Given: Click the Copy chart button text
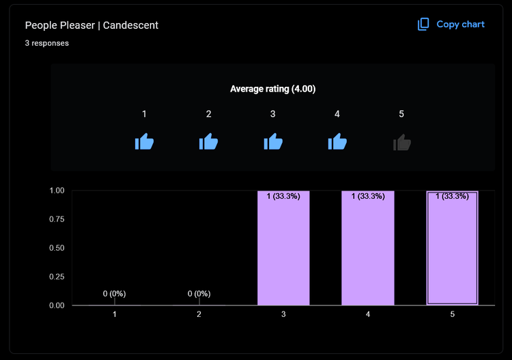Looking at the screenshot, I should (x=460, y=25).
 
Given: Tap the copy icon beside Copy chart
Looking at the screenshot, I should (x=424, y=25).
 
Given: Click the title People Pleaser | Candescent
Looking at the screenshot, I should (x=91, y=25).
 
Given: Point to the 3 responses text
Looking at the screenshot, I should (x=47, y=43).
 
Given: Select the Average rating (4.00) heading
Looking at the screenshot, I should (x=272, y=89).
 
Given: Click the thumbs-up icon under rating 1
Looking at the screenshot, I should (x=144, y=142).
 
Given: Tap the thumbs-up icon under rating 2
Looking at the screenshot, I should (x=208, y=142).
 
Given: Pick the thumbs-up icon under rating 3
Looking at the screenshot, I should (x=273, y=142).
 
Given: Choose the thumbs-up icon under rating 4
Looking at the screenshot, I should (x=337, y=142).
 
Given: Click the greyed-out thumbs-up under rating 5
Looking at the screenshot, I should (x=402, y=142).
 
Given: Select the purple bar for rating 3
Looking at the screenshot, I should (x=283, y=253).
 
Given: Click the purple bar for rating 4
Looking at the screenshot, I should (x=368, y=253).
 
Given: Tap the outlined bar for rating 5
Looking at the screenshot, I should (x=452, y=253).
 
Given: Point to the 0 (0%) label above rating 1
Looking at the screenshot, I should (x=115, y=294).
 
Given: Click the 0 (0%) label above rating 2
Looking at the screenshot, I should (x=199, y=294).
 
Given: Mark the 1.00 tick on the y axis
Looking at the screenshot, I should (x=57, y=191).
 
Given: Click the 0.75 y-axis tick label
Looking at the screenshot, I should (x=57, y=219).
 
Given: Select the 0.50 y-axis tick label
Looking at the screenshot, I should (x=57, y=248).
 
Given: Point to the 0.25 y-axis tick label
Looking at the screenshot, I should (x=57, y=277).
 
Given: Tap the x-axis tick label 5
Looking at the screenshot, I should (x=452, y=314).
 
